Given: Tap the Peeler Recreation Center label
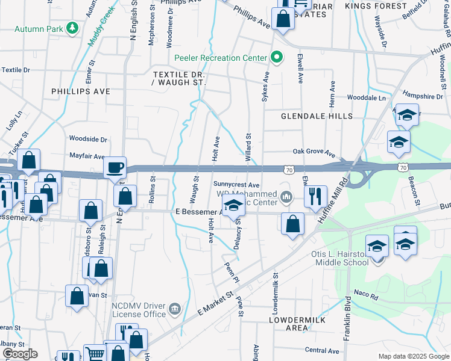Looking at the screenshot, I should pyautogui.click(x=220, y=58).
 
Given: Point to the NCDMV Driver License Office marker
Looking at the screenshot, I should pyautogui.click(x=175, y=309).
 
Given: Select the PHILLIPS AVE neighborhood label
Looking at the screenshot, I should pyautogui.click(x=80, y=91).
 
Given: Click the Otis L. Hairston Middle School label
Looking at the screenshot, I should pyautogui.click(x=339, y=258).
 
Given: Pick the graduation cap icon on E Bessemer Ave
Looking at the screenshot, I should pyautogui.click(x=234, y=205).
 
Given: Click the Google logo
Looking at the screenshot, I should pyautogui.click(x=19, y=354).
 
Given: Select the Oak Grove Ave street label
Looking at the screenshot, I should pyautogui.click(x=313, y=152).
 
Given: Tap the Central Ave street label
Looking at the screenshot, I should pyautogui.click(x=322, y=350).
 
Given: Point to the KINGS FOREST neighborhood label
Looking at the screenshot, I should pyautogui.click(x=376, y=6).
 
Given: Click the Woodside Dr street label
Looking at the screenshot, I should pyautogui.click(x=88, y=139).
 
